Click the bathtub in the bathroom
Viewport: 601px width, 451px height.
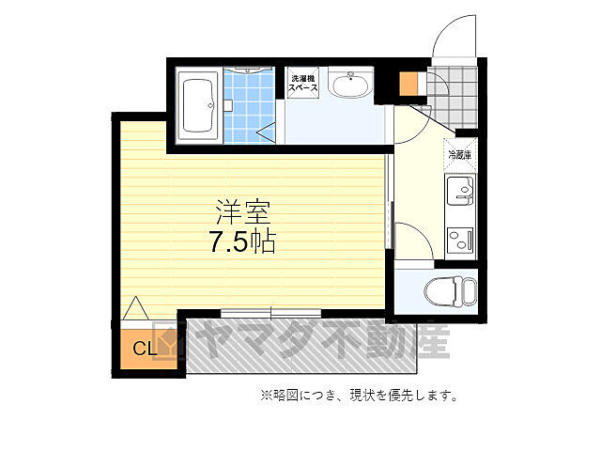coord(199,105)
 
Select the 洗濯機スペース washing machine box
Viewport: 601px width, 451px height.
coord(303,84)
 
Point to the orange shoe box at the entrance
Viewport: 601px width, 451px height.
coord(408,83)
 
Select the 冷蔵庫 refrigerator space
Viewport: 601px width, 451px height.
coord(460,155)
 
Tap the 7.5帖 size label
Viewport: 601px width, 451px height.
coord(241,241)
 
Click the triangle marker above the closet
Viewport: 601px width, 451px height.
coord(135,307)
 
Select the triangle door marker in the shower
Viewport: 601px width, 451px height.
coord(267,133)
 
